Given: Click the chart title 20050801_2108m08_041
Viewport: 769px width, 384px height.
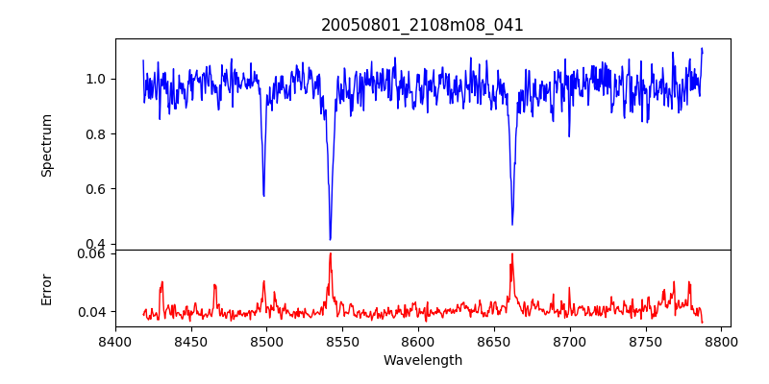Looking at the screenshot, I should pyautogui.click(x=422, y=25).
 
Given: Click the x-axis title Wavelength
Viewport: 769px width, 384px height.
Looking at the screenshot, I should pyautogui.click(x=422, y=360).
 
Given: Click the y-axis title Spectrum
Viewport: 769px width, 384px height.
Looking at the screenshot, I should pyautogui.click(x=46, y=145).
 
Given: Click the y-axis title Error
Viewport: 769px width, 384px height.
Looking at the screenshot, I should pyautogui.click(x=46, y=288).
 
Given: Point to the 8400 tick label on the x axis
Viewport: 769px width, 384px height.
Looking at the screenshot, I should pyautogui.click(x=115, y=341).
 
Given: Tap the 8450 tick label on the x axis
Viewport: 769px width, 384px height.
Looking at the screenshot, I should pyautogui.click(x=191, y=341).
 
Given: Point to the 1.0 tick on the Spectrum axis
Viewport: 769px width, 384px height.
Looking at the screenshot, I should pyautogui.click(x=98, y=79).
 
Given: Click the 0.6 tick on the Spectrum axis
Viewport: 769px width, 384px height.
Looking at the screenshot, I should pyautogui.click(x=98, y=189).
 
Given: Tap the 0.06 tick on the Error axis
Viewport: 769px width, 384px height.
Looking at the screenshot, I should pyautogui.click(x=94, y=254).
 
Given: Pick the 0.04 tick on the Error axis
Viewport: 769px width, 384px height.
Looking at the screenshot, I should pyautogui.click(x=94, y=312).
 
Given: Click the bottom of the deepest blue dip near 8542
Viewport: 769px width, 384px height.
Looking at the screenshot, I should pyautogui.click(x=330, y=239).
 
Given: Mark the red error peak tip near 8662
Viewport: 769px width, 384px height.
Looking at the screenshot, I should pyautogui.click(x=511, y=254).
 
